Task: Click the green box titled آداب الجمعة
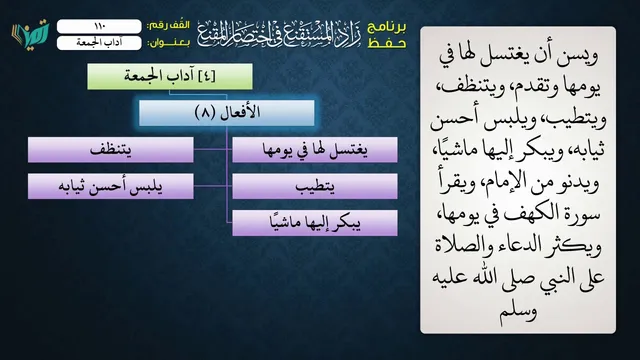170,76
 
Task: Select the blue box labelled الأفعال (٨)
227,113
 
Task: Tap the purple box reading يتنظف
111,150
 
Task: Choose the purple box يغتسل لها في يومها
315,150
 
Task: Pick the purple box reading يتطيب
315,186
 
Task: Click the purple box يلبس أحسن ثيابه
111,186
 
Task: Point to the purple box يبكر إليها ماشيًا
315,223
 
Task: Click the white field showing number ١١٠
99,26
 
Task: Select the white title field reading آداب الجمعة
99,43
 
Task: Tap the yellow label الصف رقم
169,25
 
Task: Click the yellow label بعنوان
169,43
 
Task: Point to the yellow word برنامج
387,27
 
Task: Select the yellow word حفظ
387,43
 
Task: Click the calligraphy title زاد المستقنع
279,34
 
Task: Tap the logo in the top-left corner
31,35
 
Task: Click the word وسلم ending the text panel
518,311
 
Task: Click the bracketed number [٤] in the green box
207,76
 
